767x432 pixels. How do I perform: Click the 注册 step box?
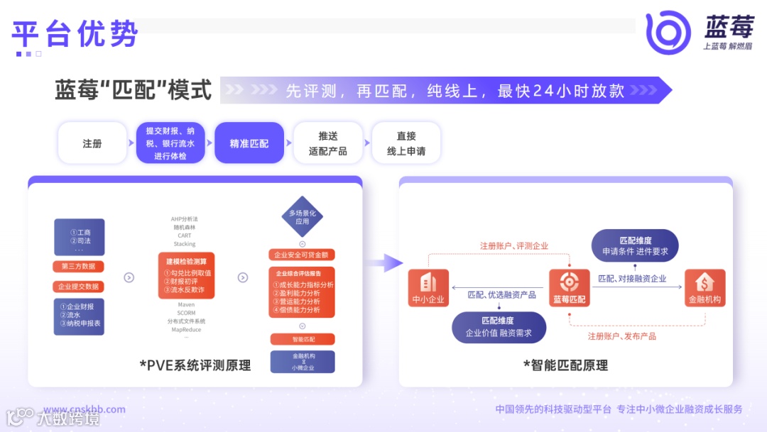click(92, 143)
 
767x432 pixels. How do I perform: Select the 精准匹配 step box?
click(249, 143)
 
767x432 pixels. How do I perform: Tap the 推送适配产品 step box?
click(328, 143)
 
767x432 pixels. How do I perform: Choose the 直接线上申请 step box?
click(406, 143)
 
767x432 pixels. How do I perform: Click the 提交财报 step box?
click(170, 143)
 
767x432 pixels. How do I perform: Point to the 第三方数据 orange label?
click(79, 267)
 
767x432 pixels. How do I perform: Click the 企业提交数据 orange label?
click(79, 287)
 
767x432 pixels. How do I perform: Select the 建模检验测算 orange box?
click(186, 275)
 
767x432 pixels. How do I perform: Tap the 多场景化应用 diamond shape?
click(303, 216)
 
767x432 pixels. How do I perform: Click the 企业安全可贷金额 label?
click(302, 255)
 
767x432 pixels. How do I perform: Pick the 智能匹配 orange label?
click(302, 339)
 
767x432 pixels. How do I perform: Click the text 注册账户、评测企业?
click(513, 246)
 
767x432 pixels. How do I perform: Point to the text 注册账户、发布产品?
click(621, 336)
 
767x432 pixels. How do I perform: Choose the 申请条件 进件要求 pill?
click(635, 245)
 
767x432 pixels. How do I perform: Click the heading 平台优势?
click(75, 33)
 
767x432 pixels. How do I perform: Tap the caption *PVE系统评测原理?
click(195, 365)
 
